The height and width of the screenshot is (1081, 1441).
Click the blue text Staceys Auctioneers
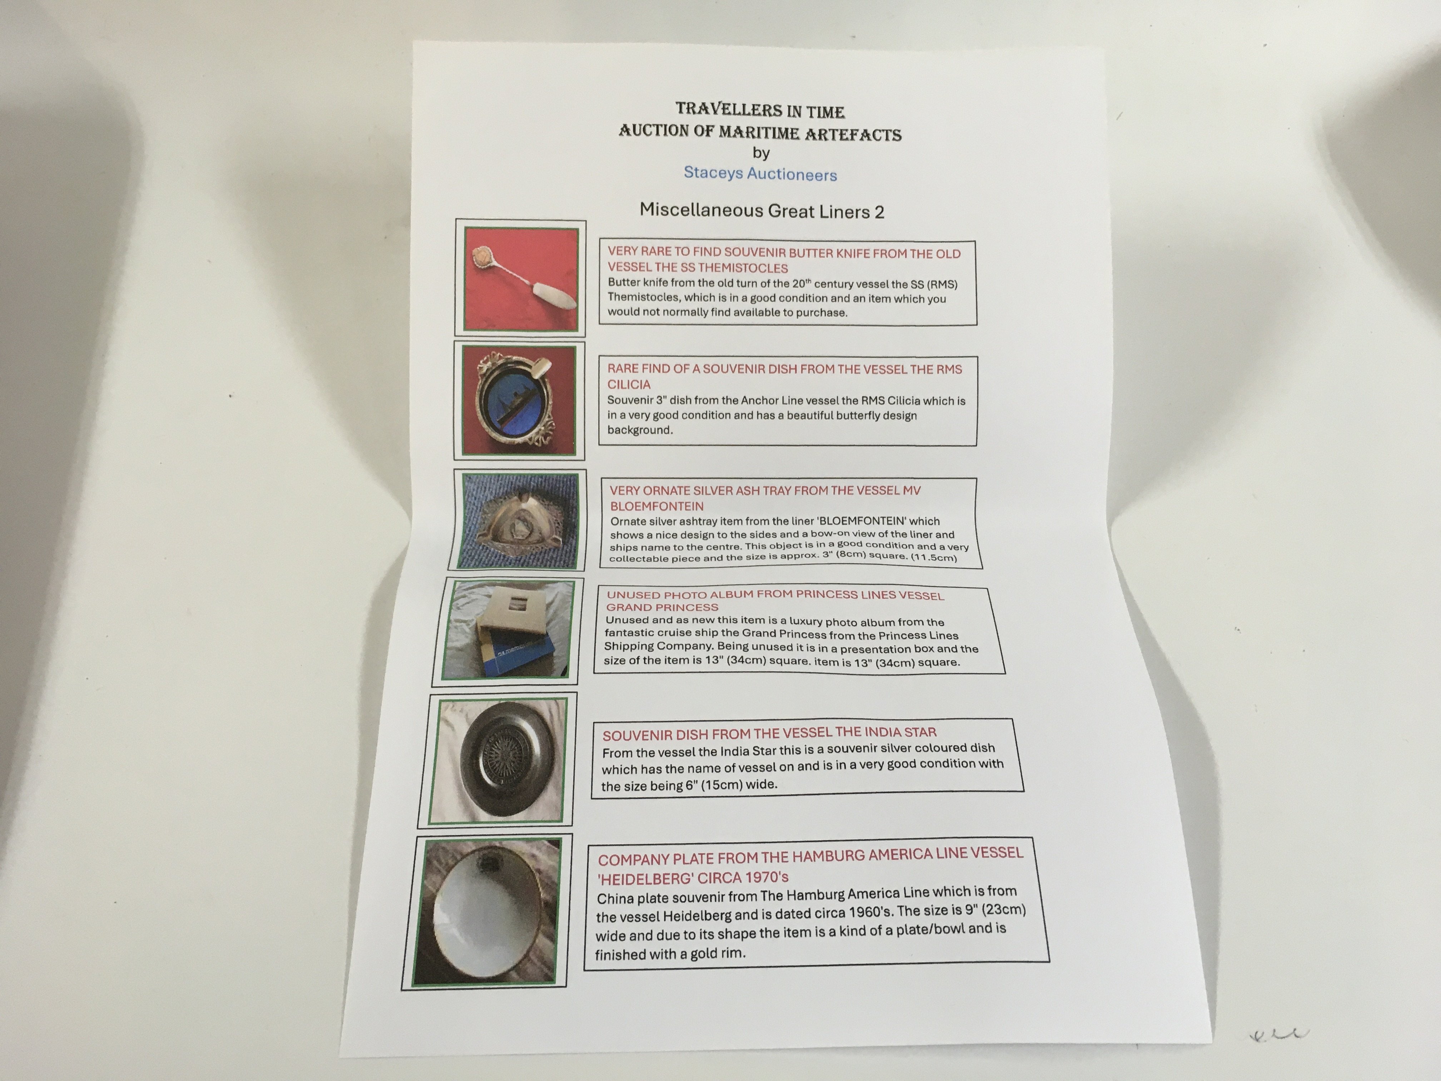tap(760, 174)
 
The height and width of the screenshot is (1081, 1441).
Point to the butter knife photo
tap(520, 279)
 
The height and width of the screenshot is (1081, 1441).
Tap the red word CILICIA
tap(629, 384)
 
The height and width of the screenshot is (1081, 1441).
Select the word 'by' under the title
tap(761, 153)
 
